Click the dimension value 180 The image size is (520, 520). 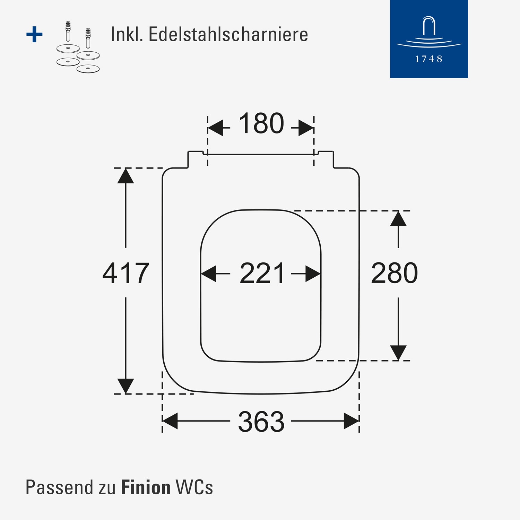click(261, 123)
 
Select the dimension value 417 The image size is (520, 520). click(126, 273)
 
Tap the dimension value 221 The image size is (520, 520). click(262, 273)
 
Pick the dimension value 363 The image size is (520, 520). click(261, 422)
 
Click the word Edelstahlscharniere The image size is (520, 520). click(228, 34)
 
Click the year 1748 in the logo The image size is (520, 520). click(429, 59)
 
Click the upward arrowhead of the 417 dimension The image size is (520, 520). click(125, 176)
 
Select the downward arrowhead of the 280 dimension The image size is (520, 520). click(398, 353)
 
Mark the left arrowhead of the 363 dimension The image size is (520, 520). click(170, 421)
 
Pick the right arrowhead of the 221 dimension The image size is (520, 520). click(313, 274)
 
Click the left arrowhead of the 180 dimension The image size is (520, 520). click(215, 128)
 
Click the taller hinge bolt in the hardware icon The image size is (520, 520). click(68, 31)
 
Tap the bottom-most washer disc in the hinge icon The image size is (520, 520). click(88, 68)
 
